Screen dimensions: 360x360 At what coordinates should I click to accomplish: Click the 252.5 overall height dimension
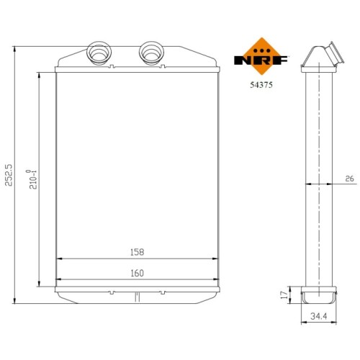click(x=9, y=175)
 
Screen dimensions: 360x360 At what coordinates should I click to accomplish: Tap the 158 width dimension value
click(x=138, y=252)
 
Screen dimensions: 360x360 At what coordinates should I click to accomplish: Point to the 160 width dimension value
click(x=138, y=273)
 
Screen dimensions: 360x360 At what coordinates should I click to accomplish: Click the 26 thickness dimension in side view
click(x=349, y=179)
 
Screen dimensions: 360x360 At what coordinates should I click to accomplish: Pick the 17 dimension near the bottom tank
click(x=284, y=295)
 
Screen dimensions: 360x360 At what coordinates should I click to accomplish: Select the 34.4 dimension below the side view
click(x=319, y=316)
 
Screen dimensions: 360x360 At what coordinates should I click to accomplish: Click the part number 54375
click(x=261, y=85)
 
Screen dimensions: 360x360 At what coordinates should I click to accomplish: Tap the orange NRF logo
click(x=261, y=57)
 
